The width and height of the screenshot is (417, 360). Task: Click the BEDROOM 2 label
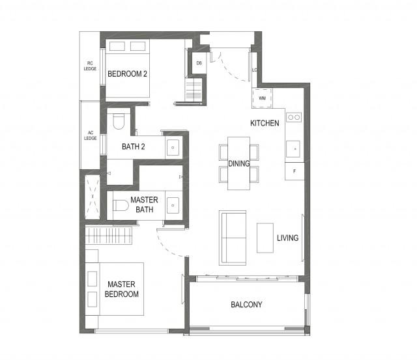(x=127, y=74)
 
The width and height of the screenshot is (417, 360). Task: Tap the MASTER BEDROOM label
(x=122, y=289)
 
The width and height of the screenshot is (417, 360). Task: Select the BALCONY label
(x=246, y=305)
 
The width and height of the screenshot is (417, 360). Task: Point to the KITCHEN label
(x=265, y=123)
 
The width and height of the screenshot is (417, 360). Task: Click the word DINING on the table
(x=238, y=164)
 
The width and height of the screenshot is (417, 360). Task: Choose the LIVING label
(x=287, y=238)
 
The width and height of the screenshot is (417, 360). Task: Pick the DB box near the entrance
(x=199, y=63)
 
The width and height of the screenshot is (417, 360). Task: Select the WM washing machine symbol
(x=262, y=98)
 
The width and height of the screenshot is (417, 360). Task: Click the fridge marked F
(x=294, y=172)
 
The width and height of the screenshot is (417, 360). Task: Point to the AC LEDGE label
(x=91, y=135)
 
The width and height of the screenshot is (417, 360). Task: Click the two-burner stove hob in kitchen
(x=294, y=118)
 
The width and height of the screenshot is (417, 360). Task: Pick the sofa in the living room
(x=233, y=238)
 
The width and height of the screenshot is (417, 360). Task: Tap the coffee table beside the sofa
(x=265, y=238)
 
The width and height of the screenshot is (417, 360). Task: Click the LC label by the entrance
(x=255, y=70)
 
